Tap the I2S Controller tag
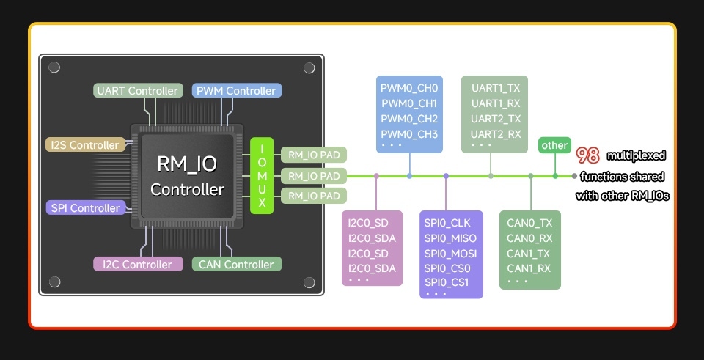pos(84,145)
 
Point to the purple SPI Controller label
pos(85,208)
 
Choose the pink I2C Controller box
pos(137,265)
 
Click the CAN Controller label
pos(236,265)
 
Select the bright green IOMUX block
pos(262,176)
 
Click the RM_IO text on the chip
pos(187,164)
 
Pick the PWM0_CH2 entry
pos(408,119)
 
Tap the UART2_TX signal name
pos(496,119)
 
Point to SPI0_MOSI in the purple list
pos(450,254)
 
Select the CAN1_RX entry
pos(529,268)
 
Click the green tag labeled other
pos(554,145)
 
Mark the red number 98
pos(588,155)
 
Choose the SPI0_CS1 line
pos(447,283)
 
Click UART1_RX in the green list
pos(496,103)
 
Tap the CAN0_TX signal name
pos(529,223)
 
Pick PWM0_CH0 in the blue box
pos(408,88)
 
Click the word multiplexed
pos(636,155)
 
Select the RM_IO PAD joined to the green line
pos(314,176)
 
